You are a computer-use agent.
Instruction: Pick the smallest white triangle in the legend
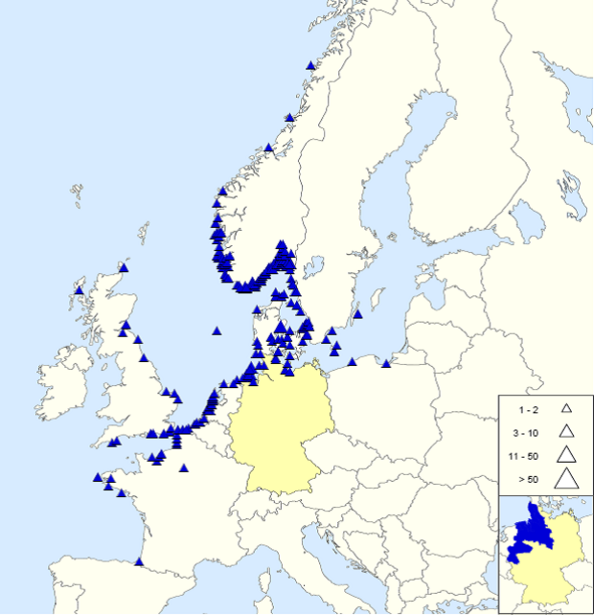pos(566,408)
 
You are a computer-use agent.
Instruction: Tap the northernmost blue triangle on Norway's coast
pos(310,65)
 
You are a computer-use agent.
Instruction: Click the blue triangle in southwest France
pos(140,561)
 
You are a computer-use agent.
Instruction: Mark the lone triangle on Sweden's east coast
pos(357,313)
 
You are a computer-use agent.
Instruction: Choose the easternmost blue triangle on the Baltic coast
pos(386,363)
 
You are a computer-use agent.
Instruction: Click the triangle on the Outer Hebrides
pos(79,290)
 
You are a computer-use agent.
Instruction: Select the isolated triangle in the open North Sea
pos(217,330)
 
